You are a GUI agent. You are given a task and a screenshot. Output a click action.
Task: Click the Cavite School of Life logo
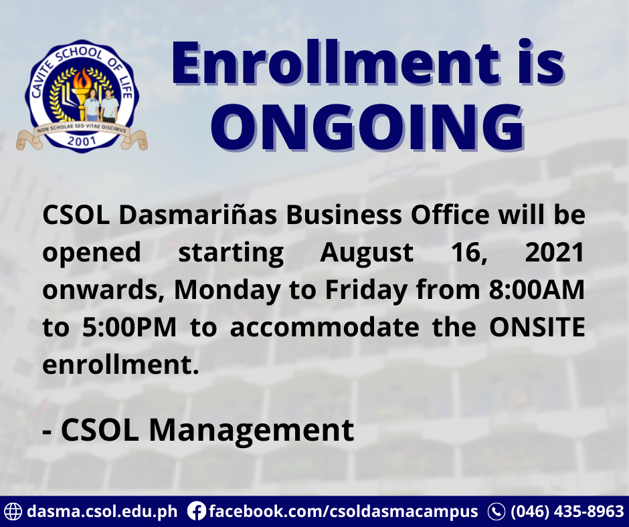[81, 96]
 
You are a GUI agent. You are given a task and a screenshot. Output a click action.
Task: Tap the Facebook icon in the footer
[196, 512]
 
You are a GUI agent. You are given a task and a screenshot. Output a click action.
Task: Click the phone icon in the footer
[497, 512]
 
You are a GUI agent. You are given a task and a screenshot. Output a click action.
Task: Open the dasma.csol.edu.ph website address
[102, 512]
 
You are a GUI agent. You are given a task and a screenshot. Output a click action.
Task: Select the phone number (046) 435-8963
[567, 512]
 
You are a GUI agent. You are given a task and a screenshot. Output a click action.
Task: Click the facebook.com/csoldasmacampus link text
[343, 512]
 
